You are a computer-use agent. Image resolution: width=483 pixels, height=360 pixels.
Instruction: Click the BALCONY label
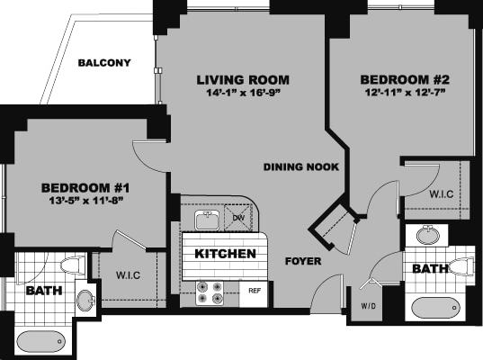(104, 63)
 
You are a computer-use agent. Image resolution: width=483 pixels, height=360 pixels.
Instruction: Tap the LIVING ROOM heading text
(239, 79)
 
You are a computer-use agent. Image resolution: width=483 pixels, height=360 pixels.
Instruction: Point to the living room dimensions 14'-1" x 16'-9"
(239, 93)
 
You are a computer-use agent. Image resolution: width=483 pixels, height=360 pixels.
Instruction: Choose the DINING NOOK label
(300, 166)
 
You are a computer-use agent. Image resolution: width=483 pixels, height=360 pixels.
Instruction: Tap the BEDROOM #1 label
(86, 187)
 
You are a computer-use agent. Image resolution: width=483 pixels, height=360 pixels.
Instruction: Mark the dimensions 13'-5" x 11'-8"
(86, 201)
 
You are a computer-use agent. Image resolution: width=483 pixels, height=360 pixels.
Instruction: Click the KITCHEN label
(225, 255)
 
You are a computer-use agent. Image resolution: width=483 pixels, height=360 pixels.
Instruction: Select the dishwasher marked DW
(238, 218)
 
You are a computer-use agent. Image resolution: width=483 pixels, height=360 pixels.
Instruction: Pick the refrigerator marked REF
(255, 292)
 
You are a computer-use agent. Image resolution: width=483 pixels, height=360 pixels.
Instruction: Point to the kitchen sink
(206, 219)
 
